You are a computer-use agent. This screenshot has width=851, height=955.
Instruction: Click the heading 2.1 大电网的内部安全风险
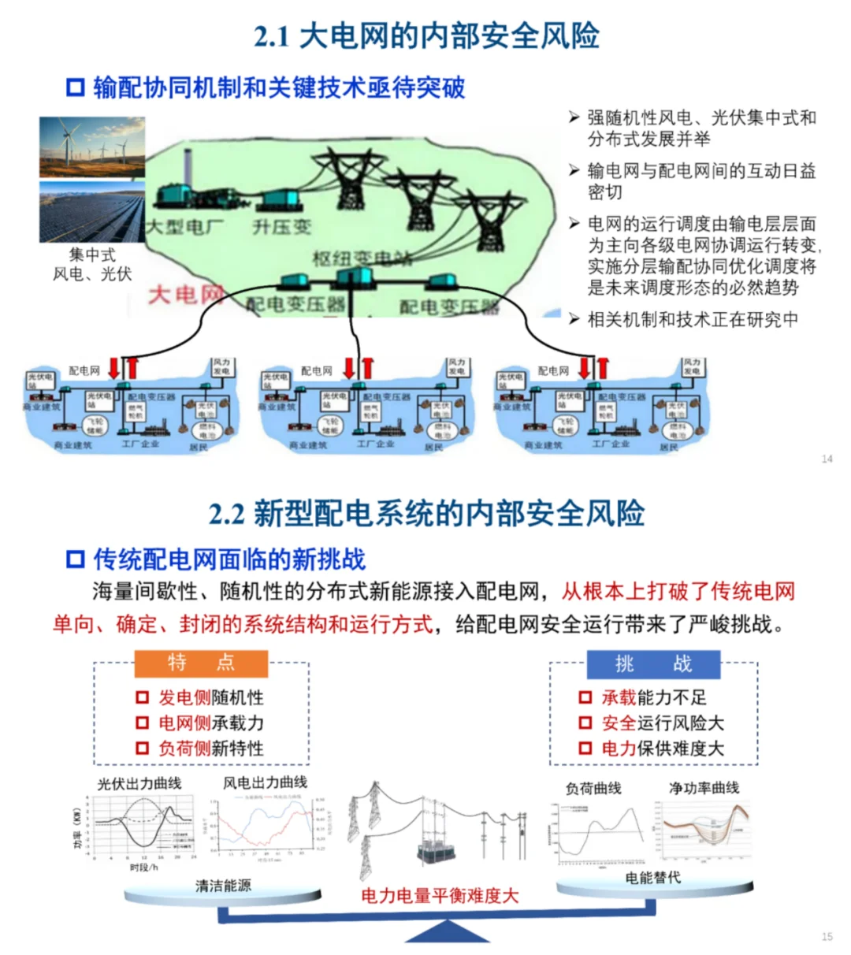coord(426,36)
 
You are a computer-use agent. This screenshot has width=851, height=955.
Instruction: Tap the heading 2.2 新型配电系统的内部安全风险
coord(426,514)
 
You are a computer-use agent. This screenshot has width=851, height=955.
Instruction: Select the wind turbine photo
coord(92,147)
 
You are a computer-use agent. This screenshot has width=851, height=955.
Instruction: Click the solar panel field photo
coord(92,212)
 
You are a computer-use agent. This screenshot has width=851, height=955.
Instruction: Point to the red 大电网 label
coord(186,295)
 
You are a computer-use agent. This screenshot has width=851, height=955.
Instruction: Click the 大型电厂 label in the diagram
coord(185,227)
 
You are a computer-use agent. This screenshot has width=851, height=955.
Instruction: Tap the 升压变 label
coord(281,227)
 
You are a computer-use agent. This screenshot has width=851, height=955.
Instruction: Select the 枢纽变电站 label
coord(362,258)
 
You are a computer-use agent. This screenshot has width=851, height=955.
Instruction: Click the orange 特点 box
coord(201,663)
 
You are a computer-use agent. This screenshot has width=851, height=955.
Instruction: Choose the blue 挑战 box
coord(653,664)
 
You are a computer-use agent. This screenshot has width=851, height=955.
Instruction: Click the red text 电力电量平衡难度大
coord(440,895)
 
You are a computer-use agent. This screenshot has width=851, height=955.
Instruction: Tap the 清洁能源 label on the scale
coord(223,886)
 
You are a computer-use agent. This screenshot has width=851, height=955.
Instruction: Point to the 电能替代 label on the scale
coord(652,877)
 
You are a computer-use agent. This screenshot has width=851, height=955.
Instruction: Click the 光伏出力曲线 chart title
coord(139,783)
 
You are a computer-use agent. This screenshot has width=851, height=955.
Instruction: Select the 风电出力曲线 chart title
coord(265,782)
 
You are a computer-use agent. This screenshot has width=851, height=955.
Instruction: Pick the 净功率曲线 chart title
coord(704,787)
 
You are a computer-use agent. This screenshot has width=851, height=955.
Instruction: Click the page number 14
coord(827,459)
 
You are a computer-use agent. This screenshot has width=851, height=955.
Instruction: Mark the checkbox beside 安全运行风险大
coord(585,723)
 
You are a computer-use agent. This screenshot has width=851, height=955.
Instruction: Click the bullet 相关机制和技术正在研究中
coord(693,319)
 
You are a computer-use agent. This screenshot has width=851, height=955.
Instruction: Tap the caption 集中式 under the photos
coord(92,255)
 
